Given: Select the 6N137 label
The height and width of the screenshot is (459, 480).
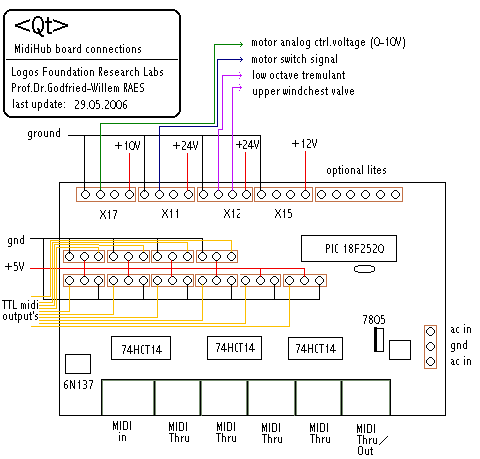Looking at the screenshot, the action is tap(78, 385).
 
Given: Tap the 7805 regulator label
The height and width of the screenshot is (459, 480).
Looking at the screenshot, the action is tap(374, 320).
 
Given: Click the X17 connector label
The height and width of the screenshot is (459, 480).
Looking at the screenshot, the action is tap(108, 214).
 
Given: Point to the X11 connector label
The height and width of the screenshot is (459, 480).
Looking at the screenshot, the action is tap(170, 213).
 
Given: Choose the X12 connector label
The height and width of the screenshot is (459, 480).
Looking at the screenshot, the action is tap(232, 213).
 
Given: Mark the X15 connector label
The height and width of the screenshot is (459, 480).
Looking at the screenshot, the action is tap(283, 213).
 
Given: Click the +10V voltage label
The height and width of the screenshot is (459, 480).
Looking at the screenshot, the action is tap(127, 146).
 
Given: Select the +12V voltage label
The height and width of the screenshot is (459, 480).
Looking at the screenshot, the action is tap(304, 144).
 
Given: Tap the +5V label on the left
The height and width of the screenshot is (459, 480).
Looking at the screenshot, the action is tap(15, 267).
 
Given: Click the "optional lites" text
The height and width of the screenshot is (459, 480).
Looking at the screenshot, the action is tap(356, 170).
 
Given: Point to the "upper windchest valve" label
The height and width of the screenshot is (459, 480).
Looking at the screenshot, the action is tap(303, 91).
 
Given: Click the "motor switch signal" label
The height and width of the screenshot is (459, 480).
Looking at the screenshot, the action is tap(294, 59).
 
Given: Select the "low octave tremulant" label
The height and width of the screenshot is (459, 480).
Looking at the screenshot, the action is tap(299, 75).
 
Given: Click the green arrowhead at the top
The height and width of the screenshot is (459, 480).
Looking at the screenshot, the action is tap(240, 44).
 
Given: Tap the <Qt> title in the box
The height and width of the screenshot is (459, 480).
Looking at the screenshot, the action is tap(41, 26).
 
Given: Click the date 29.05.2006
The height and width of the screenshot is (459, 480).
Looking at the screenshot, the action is tap(101, 105).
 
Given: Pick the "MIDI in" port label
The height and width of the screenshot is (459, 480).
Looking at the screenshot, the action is tap(122, 431).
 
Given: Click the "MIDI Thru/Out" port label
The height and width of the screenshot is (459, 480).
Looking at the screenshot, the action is tap(372, 439).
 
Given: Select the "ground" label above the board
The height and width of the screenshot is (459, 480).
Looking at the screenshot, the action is tap(44, 134).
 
